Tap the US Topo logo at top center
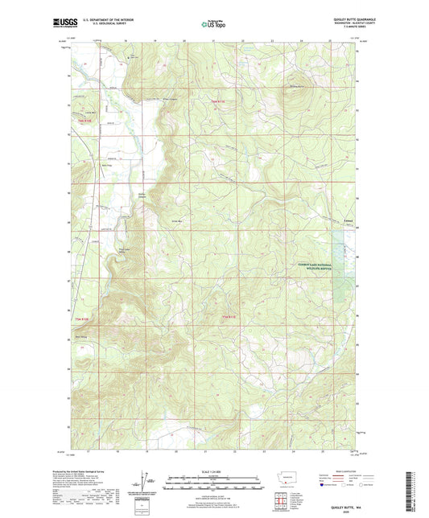click(x=214, y=24)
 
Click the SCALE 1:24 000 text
click(x=214, y=471)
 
